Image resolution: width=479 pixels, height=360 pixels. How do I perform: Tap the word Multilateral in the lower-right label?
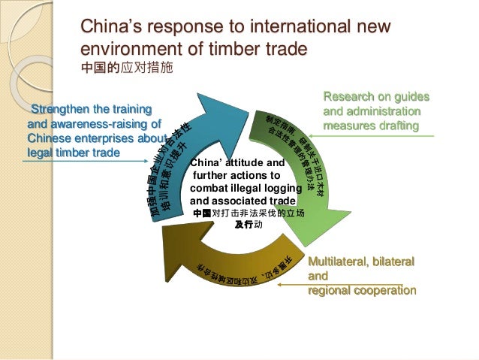(x=339, y=262)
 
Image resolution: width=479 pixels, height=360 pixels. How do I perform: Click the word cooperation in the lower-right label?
(x=383, y=289)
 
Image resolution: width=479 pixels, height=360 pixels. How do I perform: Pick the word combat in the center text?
(x=207, y=189)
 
